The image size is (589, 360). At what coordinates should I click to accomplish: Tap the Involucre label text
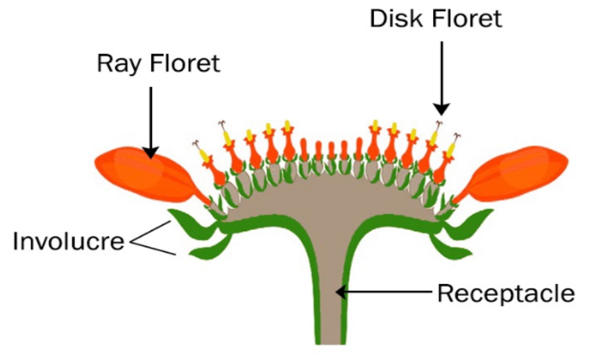pyautogui.click(x=69, y=241)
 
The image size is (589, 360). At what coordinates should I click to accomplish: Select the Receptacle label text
pyautogui.click(x=506, y=292)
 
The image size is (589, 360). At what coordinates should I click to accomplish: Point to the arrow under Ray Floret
pyautogui.click(x=151, y=122)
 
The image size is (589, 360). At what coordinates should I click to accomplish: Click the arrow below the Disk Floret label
pyautogui.click(x=442, y=76)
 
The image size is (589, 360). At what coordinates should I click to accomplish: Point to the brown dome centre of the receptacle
pyautogui.click(x=330, y=198)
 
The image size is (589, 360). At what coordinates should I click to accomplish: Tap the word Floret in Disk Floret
pyautogui.click(x=465, y=18)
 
